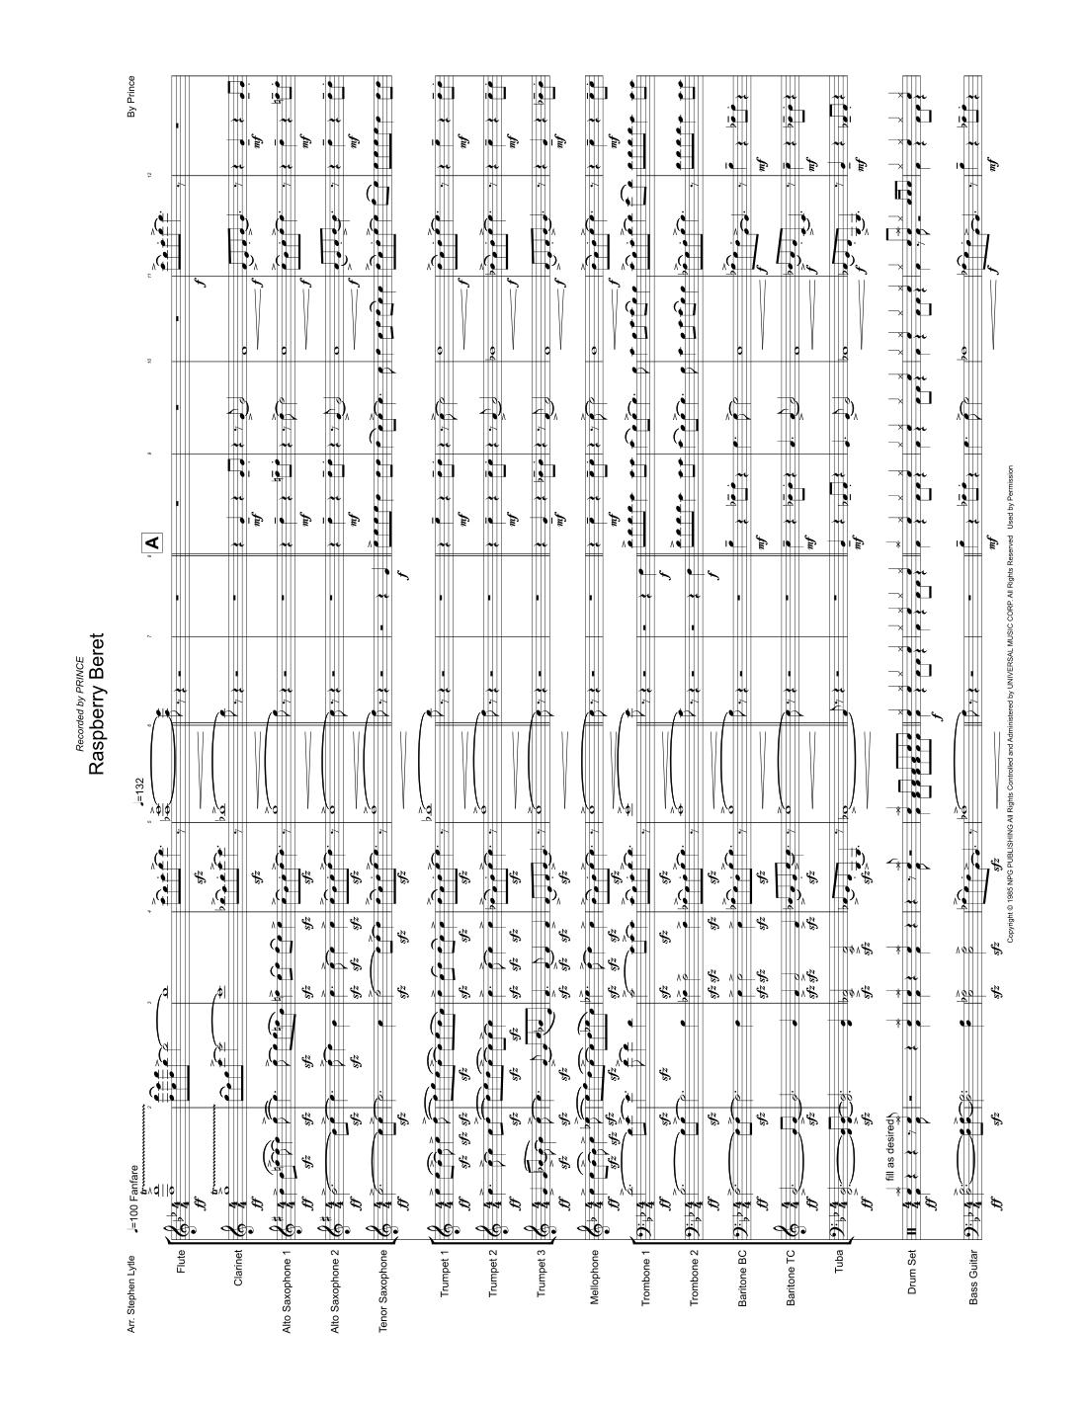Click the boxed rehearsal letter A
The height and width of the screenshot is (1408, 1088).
[x=151, y=543]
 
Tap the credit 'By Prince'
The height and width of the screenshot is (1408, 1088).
[x=131, y=97]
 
